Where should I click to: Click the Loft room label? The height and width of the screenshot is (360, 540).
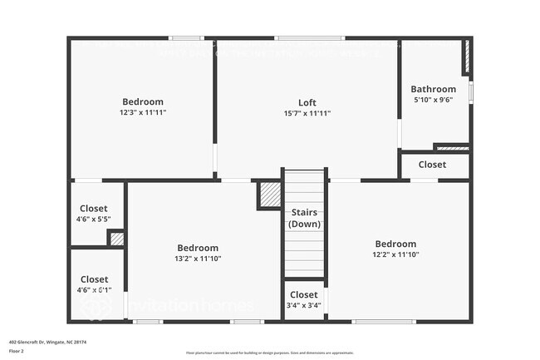pyautogui.click(x=307, y=103)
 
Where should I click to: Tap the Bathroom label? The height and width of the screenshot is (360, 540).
pyautogui.click(x=433, y=89)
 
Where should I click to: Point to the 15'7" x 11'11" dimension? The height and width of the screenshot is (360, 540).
pyautogui.click(x=307, y=113)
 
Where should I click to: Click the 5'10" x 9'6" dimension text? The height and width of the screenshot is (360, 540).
pyautogui.click(x=433, y=99)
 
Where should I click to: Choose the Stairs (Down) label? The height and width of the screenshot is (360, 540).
pyautogui.click(x=304, y=219)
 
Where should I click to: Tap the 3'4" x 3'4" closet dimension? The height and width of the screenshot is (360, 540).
pyautogui.click(x=303, y=305)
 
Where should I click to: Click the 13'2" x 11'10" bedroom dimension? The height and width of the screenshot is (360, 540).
pyautogui.click(x=198, y=259)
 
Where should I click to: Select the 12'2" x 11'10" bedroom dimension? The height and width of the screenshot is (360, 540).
pyautogui.click(x=395, y=254)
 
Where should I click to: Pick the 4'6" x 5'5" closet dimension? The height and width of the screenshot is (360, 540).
pyautogui.click(x=94, y=219)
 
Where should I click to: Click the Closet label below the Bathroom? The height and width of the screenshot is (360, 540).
pyautogui.click(x=432, y=165)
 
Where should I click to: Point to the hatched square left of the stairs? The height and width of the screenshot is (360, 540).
pyautogui.click(x=270, y=195)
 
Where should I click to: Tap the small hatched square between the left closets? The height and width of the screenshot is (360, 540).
pyautogui.click(x=117, y=239)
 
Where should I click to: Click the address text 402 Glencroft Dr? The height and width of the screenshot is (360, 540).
pyautogui.click(x=48, y=341)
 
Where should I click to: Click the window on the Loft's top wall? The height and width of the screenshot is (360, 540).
pyautogui.click(x=310, y=37)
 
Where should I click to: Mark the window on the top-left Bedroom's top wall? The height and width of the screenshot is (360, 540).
pyautogui.click(x=186, y=37)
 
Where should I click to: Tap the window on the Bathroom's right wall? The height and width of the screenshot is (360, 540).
pyautogui.click(x=471, y=91)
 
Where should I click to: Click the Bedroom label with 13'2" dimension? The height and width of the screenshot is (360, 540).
pyautogui.click(x=198, y=248)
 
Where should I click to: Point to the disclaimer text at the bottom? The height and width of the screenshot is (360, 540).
pyautogui.click(x=270, y=353)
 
